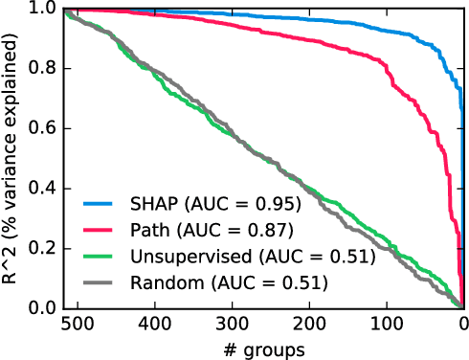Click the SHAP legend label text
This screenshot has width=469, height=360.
pyautogui.click(x=216, y=204)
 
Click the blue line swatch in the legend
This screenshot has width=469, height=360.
pyautogui.click(x=96, y=204)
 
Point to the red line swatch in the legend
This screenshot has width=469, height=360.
pyautogui.click(x=96, y=230)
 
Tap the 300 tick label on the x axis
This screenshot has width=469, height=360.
pyautogui.click(x=231, y=326)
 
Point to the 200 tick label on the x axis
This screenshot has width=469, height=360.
pyautogui.click(x=308, y=326)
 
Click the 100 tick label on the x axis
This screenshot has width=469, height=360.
pyautogui.click(x=387, y=326)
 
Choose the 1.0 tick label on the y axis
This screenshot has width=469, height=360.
pyautogui.click(x=40, y=9)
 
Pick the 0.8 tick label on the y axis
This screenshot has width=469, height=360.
pyautogui.click(x=40, y=69)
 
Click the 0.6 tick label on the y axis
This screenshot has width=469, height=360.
pyautogui.click(x=40, y=128)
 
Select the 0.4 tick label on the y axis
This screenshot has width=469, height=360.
pyautogui.click(x=40, y=189)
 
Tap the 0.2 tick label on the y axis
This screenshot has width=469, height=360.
pyautogui.click(x=40, y=248)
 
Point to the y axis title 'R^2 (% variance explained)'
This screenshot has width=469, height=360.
pyautogui.click(x=11, y=158)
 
